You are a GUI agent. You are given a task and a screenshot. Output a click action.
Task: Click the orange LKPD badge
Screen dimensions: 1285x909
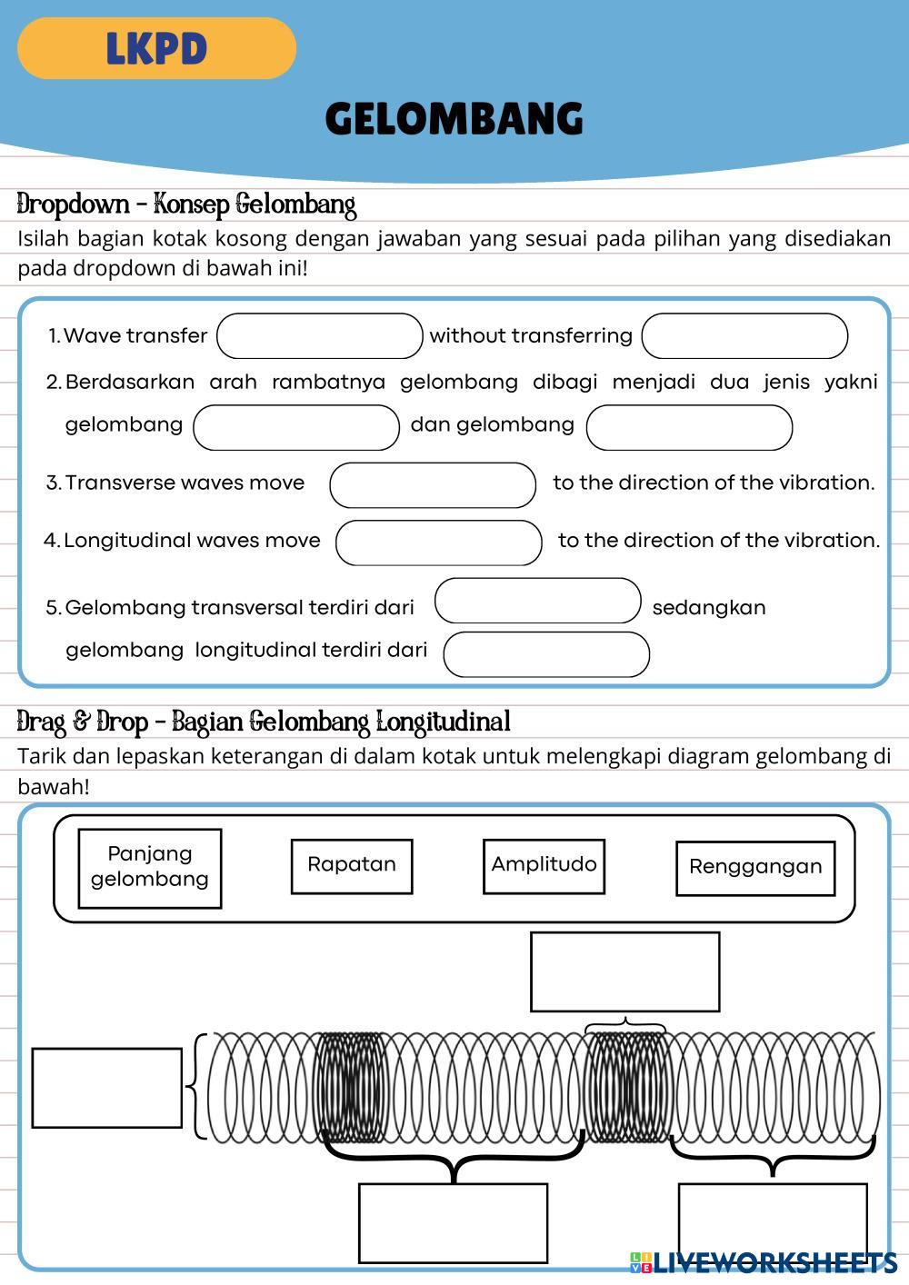coord(156,48)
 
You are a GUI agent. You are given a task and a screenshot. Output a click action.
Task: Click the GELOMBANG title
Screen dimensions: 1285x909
coord(454,119)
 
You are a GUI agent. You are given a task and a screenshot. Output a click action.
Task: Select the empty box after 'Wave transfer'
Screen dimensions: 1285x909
coord(320,336)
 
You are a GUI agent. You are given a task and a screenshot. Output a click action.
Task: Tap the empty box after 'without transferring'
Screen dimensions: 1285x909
coord(744,336)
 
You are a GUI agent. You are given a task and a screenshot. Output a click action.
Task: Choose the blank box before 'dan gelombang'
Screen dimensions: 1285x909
coord(296,427)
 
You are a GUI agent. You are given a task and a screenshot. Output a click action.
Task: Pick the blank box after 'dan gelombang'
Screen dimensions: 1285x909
coord(689,427)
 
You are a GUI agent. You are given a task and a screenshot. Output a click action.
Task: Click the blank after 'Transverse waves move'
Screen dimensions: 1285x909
coord(433,484)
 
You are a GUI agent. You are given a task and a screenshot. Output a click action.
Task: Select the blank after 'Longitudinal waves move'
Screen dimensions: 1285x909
coord(439,543)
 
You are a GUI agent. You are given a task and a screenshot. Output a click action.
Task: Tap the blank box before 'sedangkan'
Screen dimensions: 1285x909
coord(538,601)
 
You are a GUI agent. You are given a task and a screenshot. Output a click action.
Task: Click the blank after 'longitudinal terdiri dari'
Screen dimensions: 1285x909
coord(546,654)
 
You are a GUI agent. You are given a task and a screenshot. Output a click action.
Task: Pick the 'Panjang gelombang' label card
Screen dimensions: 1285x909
coord(150,868)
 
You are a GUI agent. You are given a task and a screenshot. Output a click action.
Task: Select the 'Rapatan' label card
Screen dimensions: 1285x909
coord(352,866)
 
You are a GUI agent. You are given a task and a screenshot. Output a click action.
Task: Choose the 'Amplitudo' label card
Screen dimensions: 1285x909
coord(544,866)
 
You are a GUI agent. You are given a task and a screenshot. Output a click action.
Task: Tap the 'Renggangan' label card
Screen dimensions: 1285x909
coord(755,868)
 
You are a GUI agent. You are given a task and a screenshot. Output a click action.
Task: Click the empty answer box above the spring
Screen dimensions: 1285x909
coord(624,971)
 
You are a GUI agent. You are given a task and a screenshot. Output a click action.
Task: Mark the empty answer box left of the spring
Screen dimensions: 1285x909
coord(107,1088)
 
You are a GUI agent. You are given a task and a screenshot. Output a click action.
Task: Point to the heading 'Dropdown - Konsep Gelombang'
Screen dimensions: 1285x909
coord(186,204)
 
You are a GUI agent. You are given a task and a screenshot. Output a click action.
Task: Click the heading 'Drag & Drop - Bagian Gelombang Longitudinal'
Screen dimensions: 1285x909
coord(264,722)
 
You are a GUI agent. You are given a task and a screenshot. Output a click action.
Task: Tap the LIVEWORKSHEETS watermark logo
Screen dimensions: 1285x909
coord(764,1262)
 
